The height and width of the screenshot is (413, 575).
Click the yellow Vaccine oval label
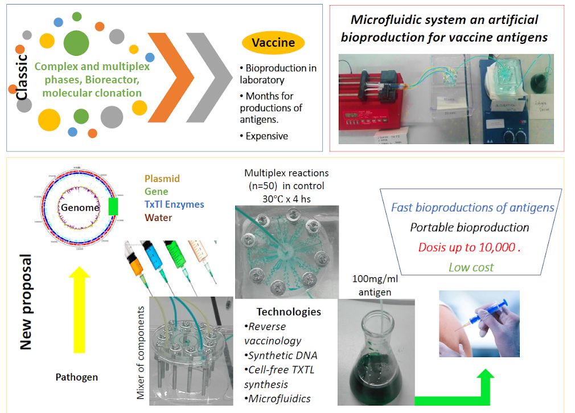coord(273,43)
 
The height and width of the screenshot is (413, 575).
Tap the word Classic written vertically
coord(22,77)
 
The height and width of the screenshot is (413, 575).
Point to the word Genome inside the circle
coord(80,207)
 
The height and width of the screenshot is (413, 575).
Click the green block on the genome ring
coord(113,206)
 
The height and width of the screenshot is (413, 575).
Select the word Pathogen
coord(76,377)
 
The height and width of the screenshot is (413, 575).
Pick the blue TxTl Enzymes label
coord(174,204)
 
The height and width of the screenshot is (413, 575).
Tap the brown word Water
coord(159,217)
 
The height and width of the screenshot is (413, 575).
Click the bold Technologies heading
coord(289,312)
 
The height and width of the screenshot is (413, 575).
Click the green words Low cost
coord(471,267)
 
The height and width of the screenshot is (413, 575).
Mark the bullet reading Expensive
coord(266,136)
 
